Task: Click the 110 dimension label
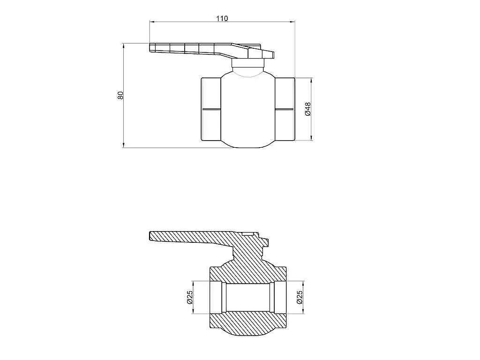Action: pyautogui.click(x=222, y=18)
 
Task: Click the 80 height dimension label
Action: pyautogui.click(x=120, y=95)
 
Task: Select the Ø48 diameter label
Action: pyautogui.click(x=308, y=109)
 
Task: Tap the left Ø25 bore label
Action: pyautogui.click(x=190, y=297)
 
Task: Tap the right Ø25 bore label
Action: pyautogui.click(x=300, y=297)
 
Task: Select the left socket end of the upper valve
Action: pyautogui.click(x=211, y=109)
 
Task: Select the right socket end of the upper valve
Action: pyautogui.click(x=285, y=109)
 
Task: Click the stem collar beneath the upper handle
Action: pyautogui.click(x=248, y=63)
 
